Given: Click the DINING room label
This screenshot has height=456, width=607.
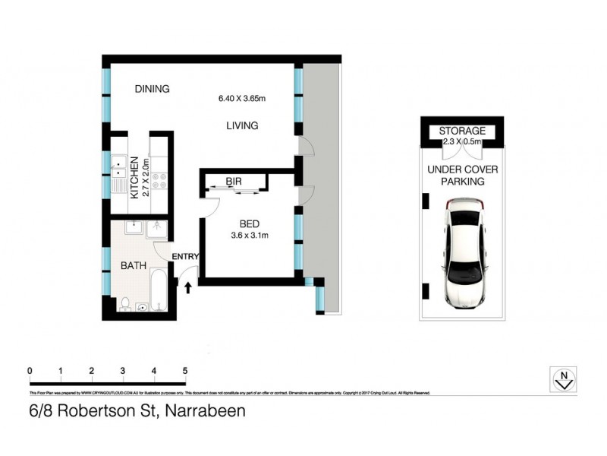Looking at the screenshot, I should pyautogui.click(x=153, y=89).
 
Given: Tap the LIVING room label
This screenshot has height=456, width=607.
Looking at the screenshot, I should pyautogui.click(x=242, y=125).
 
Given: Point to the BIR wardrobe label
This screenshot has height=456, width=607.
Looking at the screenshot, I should pyautogui.click(x=233, y=181).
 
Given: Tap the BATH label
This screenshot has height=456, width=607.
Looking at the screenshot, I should pyautogui.click(x=134, y=266).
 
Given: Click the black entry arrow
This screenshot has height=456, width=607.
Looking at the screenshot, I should pyautogui.click(x=188, y=286).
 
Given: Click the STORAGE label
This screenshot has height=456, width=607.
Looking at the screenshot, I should pyautogui.click(x=462, y=131).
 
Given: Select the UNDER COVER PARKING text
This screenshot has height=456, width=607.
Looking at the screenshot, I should pyautogui.click(x=461, y=176).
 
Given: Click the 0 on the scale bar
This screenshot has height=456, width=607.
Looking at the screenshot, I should pyautogui.click(x=29, y=370).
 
